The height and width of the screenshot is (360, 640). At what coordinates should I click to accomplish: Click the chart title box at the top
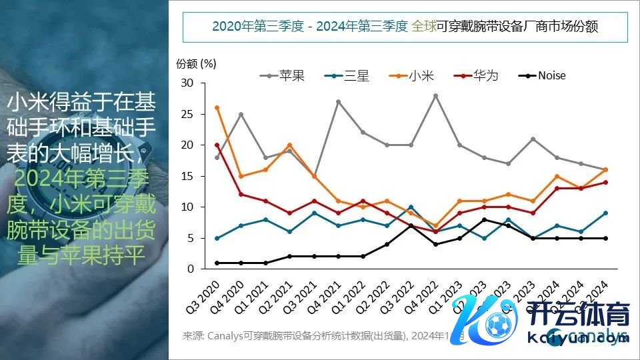point(404,27)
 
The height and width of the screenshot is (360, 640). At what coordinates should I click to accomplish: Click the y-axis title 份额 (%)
point(196,63)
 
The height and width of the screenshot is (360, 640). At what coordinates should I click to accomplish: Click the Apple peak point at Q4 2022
point(435,96)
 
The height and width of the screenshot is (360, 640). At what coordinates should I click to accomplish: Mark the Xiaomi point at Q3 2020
point(217,108)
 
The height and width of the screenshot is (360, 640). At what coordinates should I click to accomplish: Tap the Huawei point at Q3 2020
point(217,145)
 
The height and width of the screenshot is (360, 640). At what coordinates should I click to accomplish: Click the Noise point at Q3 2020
point(217,263)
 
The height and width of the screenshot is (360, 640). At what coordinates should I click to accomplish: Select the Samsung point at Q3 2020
point(217,238)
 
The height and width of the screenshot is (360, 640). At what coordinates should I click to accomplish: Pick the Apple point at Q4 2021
point(338,102)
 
